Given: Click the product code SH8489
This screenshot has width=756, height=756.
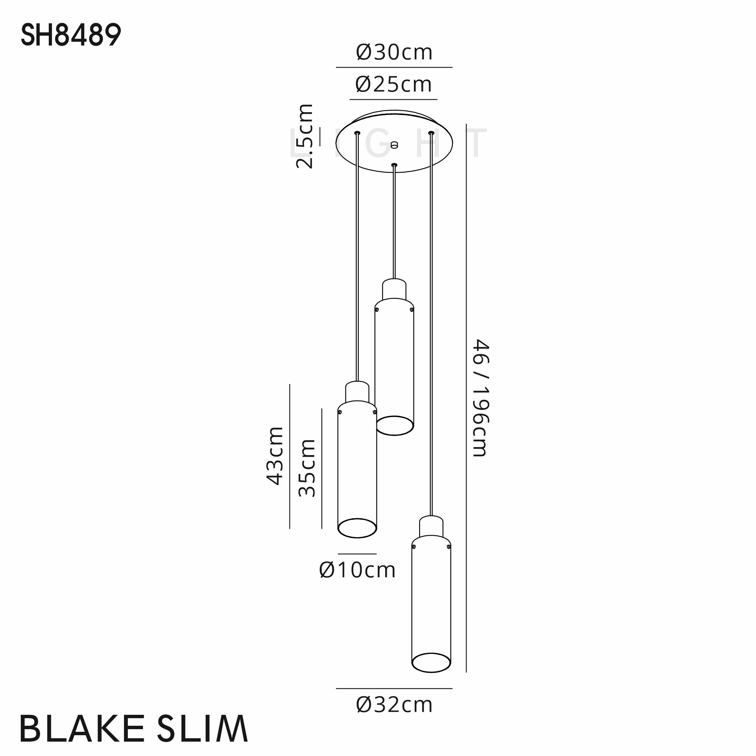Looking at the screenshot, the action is coord(71,35).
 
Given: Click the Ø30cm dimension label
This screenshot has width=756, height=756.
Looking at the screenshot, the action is coord(394,53).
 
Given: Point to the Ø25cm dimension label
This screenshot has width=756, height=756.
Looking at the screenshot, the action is coord(393,85).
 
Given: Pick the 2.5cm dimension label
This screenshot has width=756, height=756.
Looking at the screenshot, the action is coord(305,136).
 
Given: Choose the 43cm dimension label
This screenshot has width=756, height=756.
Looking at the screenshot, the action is coord(275,456).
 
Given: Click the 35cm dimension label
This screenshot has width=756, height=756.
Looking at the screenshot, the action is coord(307,468).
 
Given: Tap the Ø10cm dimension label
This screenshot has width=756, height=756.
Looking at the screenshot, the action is coord(357,570).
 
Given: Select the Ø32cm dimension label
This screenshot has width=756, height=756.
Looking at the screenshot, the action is coord(394,705).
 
